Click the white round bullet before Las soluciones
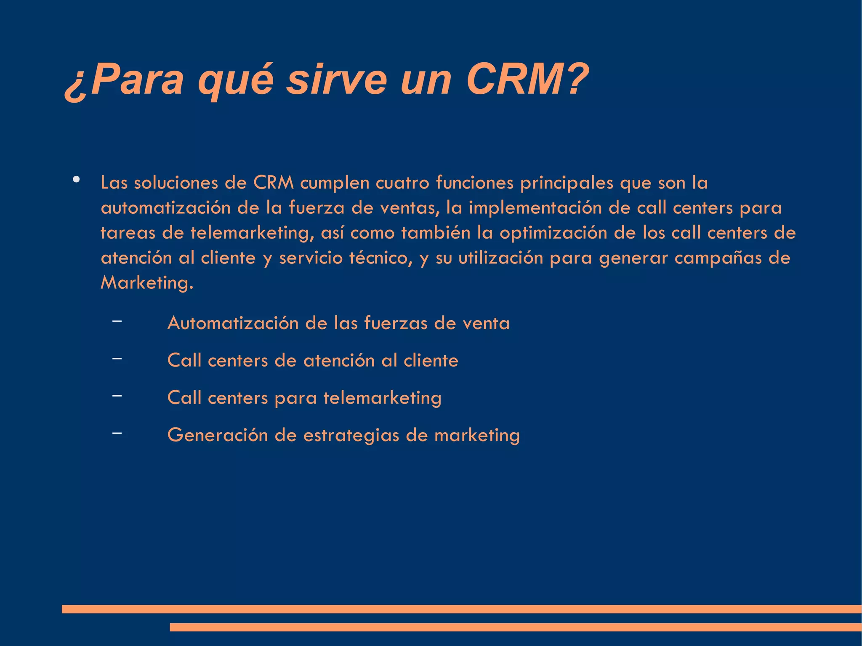coord(76,180)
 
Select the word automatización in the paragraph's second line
coord(165,208)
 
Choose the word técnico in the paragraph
coord(381,258)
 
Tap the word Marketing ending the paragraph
coord(146,283)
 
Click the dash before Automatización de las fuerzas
coord(117,322)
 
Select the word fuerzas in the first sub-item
coord(396,323)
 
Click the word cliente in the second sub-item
coord(431,361)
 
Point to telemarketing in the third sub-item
coord(382,398)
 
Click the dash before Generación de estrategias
coord(117,433)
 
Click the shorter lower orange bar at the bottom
coord(516,627)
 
